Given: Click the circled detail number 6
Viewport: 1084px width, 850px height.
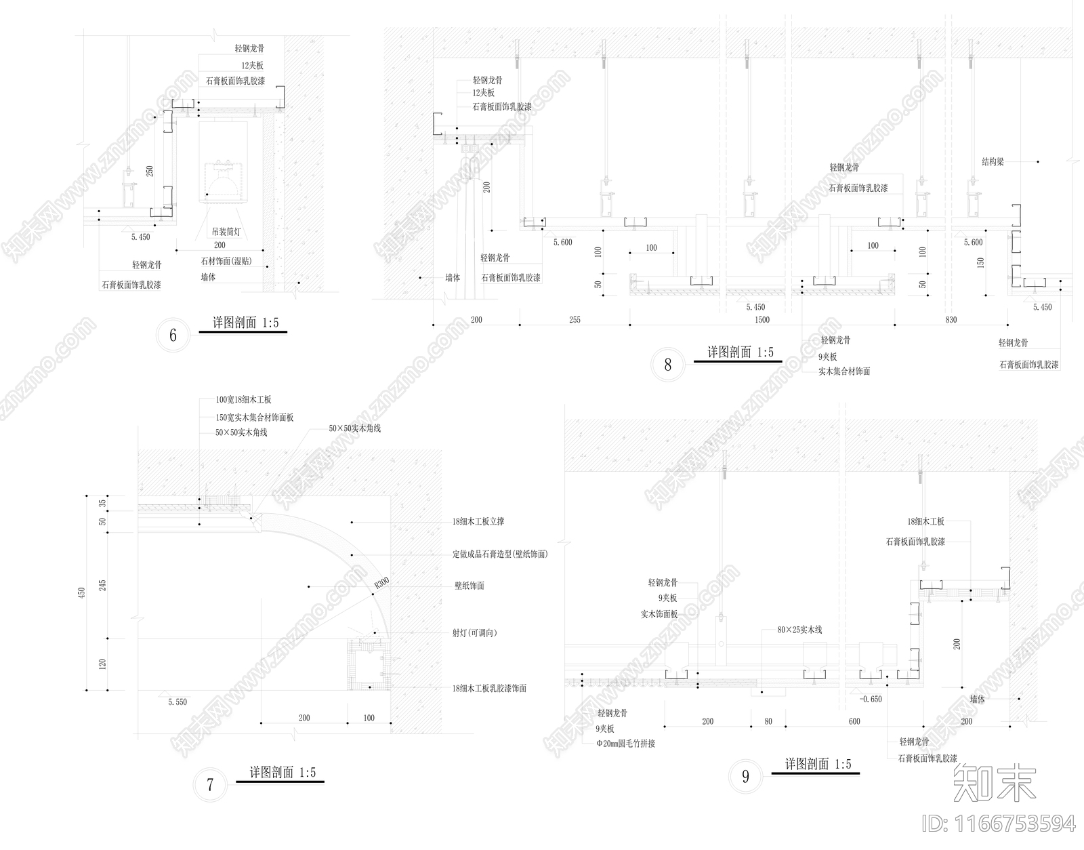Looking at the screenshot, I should (x=173, y=335).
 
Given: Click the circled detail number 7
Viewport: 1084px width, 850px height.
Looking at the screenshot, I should (x=210, y=785).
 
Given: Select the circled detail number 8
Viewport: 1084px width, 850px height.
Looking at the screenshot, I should (x=667, y=365).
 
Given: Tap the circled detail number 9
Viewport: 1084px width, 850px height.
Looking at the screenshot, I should (x=745, y=776).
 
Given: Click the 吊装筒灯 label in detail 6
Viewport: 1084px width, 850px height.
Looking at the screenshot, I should (x=226, y=232).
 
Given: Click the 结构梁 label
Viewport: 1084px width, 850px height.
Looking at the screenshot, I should (x=993, y=162).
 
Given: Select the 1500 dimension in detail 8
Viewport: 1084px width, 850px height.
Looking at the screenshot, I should (x=762, y=320).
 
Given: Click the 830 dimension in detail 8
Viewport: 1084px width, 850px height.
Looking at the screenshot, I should (x=951, y=320).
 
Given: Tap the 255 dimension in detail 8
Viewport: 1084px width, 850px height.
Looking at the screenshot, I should (x=575, y=320).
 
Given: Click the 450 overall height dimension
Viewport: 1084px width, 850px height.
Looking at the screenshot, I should (x=82, y=593).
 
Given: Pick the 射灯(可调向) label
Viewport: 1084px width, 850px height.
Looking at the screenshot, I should (x=475, y=633).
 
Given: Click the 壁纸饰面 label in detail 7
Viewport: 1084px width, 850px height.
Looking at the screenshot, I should (x=469, y=586).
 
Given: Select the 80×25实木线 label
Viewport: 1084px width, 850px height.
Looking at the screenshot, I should (x=799, y=630).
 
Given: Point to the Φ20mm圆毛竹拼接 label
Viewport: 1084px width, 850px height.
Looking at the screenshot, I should (x=625, y=744).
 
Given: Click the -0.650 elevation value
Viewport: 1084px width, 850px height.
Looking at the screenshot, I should (x=871, y=699).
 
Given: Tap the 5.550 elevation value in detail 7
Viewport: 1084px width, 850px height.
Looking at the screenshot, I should (x=178, y=702).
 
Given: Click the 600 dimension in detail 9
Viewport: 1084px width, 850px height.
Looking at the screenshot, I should (x=854, y=721).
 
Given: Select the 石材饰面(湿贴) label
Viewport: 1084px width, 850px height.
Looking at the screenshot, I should (x=226, y=261).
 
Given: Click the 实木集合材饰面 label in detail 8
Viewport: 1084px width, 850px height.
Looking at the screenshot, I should (x=844, y=371).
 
